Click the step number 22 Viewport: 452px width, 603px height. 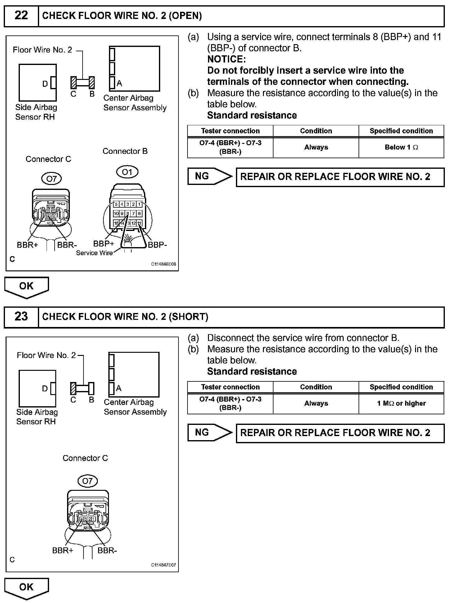[21, 16]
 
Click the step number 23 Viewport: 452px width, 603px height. [21, 316]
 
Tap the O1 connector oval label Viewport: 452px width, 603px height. [127, 172]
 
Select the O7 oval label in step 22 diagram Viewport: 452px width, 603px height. [52, 179]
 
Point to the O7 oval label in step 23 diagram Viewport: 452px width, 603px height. [87, 481]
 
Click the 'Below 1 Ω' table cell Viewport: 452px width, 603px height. [401, 147]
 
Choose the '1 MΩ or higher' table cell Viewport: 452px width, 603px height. [401, 403]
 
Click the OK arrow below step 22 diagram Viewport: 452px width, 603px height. [26, 286]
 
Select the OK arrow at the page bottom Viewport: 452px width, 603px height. [26, 587]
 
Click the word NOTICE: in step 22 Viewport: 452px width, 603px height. [226, 59]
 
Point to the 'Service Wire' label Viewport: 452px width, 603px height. [94, 253]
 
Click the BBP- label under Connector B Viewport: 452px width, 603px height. [157, 245]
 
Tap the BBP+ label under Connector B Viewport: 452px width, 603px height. [104, 244]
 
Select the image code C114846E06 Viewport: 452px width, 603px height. [164, 264]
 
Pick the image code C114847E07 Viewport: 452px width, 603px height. [164, 565]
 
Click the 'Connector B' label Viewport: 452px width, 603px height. [125, 151]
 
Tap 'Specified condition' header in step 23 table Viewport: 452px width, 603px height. [401, 387]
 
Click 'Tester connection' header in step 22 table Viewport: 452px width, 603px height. [230, 131]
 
